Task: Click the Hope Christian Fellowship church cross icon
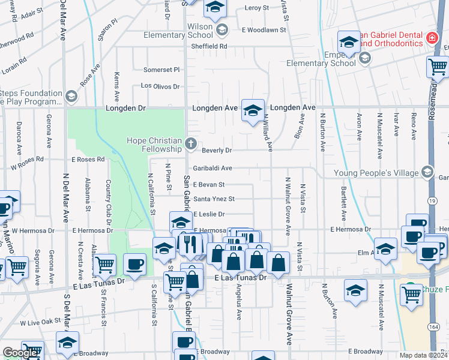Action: point(191,143)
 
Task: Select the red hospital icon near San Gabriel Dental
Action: point(432,39)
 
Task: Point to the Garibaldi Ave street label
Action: point(212,169)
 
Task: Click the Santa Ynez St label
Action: point(214,199)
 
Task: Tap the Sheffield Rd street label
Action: point(211,46)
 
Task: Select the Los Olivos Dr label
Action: point(160,86)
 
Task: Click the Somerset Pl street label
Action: point(161,70)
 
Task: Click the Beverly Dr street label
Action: point(217,150)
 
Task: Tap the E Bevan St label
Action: point(209,185)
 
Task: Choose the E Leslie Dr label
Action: point(209,214)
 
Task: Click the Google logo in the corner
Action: point(20,353)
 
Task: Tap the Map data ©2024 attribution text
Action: point(423,355)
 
